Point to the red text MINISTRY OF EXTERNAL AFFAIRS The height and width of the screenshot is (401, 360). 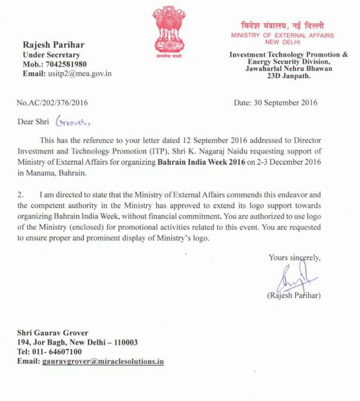tap(282, 35)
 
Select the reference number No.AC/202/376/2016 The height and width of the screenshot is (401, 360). tap(52, 102)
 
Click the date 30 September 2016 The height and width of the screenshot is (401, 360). tap(276, 102)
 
